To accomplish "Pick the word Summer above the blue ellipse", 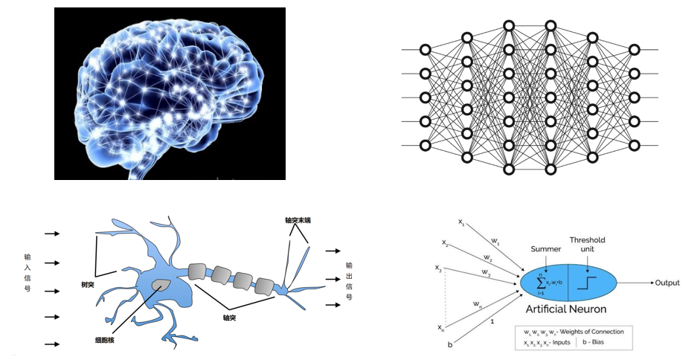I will click(546, 248).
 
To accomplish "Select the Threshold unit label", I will click(588, 245).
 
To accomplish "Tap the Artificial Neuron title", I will click(566, 309).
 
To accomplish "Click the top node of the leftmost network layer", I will click(426, 50).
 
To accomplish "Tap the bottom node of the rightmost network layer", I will click(634, 145).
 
